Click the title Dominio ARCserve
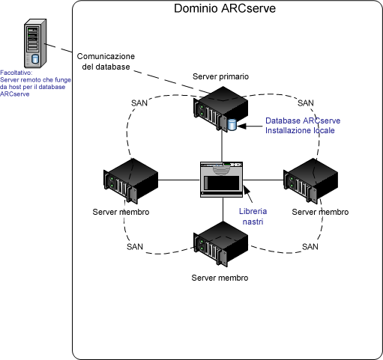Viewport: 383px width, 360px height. click(x=223, y=10)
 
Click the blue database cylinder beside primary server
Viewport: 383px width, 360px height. click(x=232, y=124)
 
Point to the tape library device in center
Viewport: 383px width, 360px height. click(x=222, y=179)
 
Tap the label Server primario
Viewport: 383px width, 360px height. click(x=221, y=77)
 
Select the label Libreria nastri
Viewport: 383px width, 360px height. click(x=253, y=217)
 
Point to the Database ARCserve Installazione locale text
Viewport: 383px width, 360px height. click(x=300, y=125)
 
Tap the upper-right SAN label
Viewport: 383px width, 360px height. click(x=306, y=103)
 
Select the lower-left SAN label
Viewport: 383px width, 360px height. click(x=134, y=246)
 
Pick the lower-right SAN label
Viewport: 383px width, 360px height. click(x=310, y=246)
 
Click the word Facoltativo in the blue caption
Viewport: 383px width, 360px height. click(x=16, y=73)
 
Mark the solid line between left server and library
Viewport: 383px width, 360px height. click(x=178, y=180)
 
